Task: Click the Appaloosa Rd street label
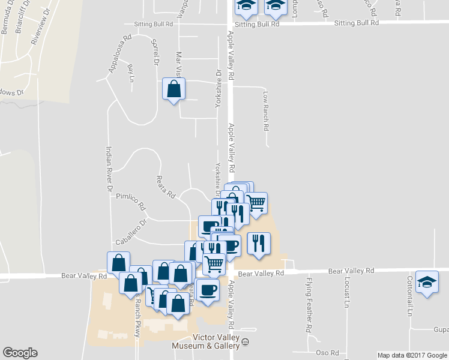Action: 119,55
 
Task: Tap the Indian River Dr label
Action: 109,170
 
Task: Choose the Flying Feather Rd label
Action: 309,305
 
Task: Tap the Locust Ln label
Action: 347,292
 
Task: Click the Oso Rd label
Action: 327,353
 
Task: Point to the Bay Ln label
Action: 130,73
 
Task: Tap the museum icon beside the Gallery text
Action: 245,344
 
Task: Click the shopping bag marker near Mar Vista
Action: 173,90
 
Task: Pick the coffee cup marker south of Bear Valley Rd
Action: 208,289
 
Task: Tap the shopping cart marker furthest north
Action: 256,203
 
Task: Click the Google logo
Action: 20,353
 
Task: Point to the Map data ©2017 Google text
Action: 412,355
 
